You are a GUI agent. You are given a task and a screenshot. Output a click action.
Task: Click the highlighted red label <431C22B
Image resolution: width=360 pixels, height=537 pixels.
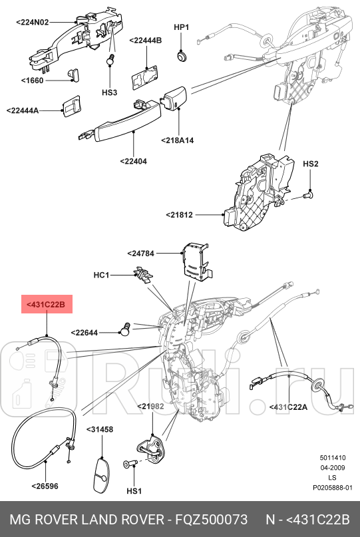click(x=46, y=305)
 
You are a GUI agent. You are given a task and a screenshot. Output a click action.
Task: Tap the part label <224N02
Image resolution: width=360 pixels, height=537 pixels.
click(x=33, y=22)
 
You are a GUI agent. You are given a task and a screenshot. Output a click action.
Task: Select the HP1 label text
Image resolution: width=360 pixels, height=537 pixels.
click(x=182, y=27)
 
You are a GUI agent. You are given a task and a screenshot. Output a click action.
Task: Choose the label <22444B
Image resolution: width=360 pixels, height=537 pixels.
click(x=146, y=41)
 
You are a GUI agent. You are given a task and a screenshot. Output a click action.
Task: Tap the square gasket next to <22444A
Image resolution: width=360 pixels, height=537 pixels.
click(x=71, y=106)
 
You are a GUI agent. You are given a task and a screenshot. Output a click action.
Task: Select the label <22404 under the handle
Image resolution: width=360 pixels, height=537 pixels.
click(x=134, y=160)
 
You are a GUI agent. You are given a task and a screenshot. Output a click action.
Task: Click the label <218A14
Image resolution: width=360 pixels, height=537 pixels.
click(x=176, y=140)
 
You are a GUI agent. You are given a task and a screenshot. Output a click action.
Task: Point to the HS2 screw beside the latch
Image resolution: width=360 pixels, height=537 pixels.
click(x=308, y=195)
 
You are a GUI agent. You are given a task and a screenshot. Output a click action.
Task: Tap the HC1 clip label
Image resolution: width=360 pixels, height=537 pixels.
click(x=100, y=274)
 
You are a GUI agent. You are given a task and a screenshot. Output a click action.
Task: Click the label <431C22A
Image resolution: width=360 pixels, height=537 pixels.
click(x=288, y=407)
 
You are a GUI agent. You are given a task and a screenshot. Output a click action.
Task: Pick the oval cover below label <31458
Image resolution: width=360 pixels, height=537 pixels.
click(x=99, y=472)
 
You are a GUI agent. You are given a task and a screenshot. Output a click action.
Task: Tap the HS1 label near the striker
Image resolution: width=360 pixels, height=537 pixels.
click(x=134, y=491)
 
